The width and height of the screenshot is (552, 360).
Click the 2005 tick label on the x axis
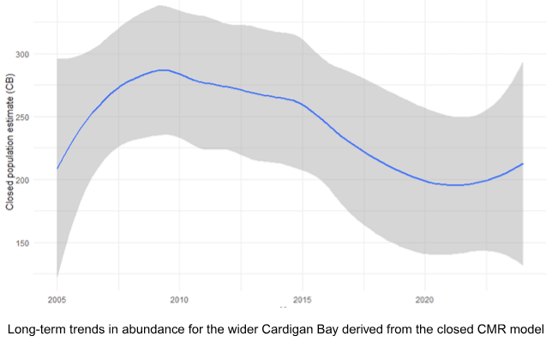click(57, 301)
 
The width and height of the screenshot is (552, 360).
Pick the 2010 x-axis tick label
click(179, 301)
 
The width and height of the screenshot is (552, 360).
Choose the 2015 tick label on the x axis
click(302, 301)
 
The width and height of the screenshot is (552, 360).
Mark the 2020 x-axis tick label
click(424, 301)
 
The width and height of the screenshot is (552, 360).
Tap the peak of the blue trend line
click(164, 70)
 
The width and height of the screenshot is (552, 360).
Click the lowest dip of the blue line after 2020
click(454, 185)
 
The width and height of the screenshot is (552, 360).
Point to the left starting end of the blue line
click(57, 169)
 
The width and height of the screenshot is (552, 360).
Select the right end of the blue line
click(523, 164)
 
